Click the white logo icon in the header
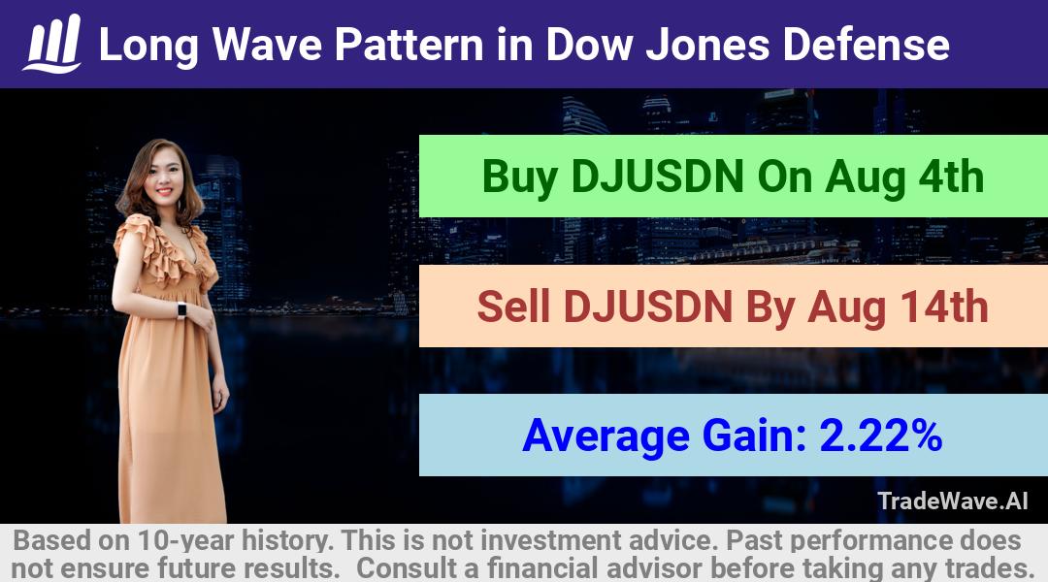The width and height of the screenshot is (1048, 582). (52, 44)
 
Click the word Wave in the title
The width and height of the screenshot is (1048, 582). (268, 45)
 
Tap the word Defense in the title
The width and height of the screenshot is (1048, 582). (867, 45)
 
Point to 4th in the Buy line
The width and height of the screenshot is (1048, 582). (951, 178)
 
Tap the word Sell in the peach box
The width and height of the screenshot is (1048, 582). (513, 307)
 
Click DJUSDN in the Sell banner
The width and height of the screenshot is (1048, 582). (648, 307)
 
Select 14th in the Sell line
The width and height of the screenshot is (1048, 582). (944, 307)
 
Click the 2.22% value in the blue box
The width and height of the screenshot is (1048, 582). (881, 436)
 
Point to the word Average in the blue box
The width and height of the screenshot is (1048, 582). (606, 437)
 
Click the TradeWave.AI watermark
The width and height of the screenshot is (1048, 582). (953, 501)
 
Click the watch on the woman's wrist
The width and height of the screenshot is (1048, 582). (181, 310)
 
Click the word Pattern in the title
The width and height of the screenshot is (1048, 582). (409, 45)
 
